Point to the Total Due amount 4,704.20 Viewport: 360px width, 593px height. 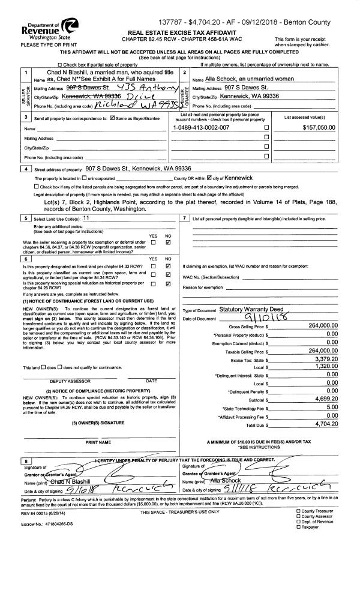click(319, 424)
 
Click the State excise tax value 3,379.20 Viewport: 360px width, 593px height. click(319, 358)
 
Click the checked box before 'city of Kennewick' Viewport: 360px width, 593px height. click(209, 178)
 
